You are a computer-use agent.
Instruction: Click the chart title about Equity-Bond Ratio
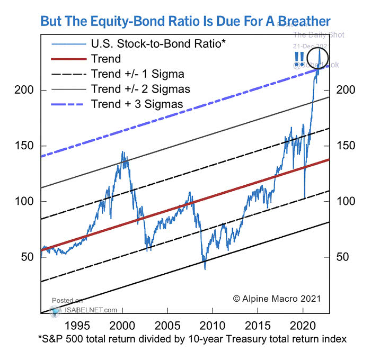pyautogui.click(x=185, y=21)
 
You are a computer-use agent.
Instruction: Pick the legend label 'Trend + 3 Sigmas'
pyautogui.click(x=137, y=104)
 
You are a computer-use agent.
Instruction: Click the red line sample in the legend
pyautogui.click(x=67, y=59)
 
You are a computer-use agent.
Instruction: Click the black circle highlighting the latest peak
pyautogui.click(x=317, y=57)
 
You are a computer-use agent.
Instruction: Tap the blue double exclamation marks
pyautogui.click(x=299, y=57)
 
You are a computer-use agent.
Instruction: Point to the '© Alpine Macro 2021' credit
pyautogui.click(x=277, y=299)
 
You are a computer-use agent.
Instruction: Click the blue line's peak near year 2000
pyautogui.click(x=123, y=152)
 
